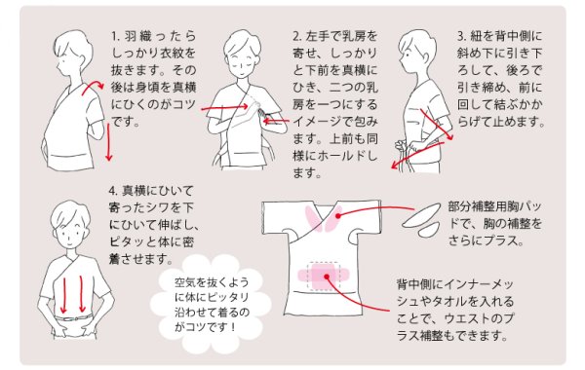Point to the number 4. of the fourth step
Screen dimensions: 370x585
[x=116, y=189]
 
